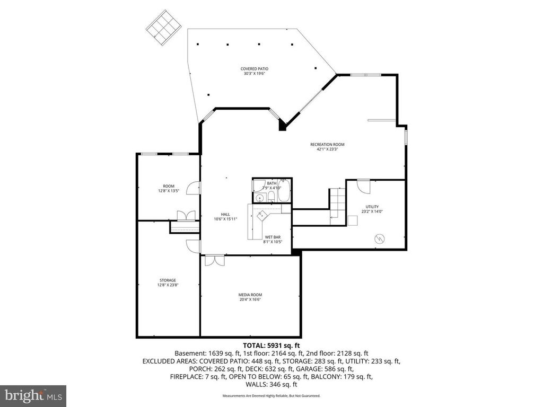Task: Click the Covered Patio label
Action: coord(254,69)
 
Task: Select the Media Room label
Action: coord(250,295)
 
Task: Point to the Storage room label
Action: coord(168,280)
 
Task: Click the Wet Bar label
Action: coord(273,237)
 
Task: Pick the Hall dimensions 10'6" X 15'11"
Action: coord(225,219)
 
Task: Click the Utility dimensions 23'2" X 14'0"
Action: coord(372,211)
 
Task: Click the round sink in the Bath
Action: coord(259,198)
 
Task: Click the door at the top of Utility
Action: coord(363,186)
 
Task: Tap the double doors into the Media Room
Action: coord(214,260)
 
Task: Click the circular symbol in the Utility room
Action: coord(380,238)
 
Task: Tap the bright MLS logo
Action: coord(33,395)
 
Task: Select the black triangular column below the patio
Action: coord(283,125)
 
